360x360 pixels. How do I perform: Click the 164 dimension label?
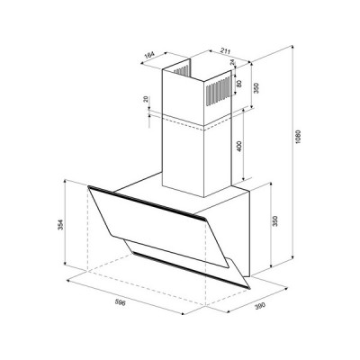[x=149, y=55]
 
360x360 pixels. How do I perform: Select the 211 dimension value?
[x=225, y=51]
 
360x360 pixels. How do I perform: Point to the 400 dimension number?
[x=239, y=146]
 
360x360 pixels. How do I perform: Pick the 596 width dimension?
[x=120, y=302]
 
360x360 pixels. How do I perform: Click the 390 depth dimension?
[x=260, y=307]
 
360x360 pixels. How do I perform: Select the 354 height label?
[x=60, y=225]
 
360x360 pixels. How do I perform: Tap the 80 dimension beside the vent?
[x=239, y=83]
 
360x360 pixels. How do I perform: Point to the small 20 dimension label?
[x=146, y=99]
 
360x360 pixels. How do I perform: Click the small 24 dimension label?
[x=231, y=62]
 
